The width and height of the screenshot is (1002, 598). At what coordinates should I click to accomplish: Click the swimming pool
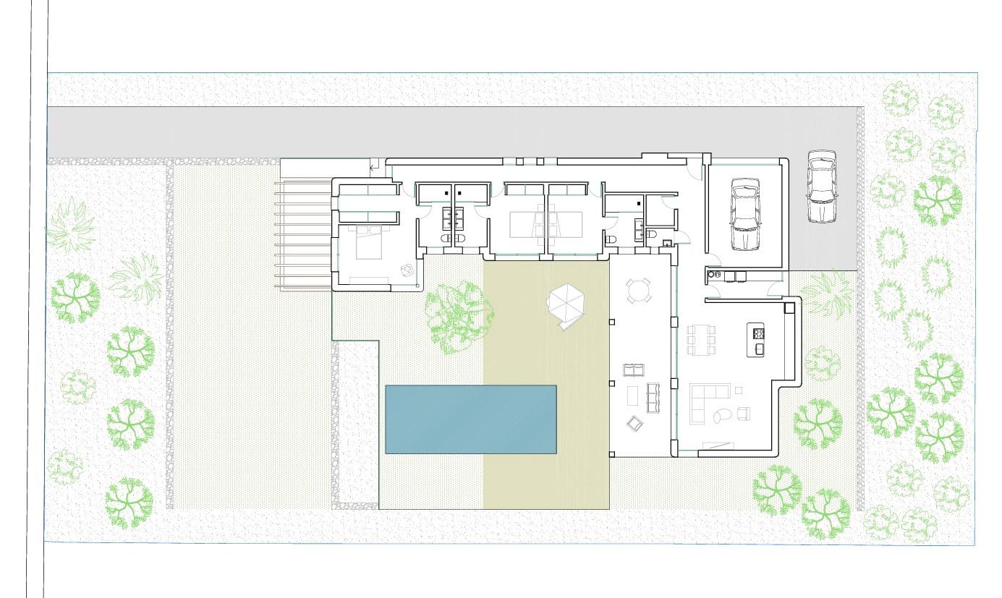click(x=470, y=419)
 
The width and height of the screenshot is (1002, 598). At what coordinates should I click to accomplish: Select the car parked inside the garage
click(x=746, y=214)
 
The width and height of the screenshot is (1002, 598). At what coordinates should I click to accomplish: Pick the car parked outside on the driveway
click(x=820, y=187)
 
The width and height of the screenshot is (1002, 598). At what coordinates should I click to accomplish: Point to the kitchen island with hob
click(x=758, y=341)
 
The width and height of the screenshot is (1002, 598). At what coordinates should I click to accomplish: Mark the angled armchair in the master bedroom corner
click(x=408, y=270)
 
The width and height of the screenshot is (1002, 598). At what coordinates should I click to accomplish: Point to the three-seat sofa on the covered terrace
click(x=654, y=397)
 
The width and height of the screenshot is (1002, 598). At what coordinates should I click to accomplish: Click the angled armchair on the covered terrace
click(x=634, y=424)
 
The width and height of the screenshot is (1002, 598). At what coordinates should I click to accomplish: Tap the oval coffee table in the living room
click(x=721, y=415)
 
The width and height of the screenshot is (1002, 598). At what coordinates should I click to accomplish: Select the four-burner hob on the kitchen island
click(x=759, y=333)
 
